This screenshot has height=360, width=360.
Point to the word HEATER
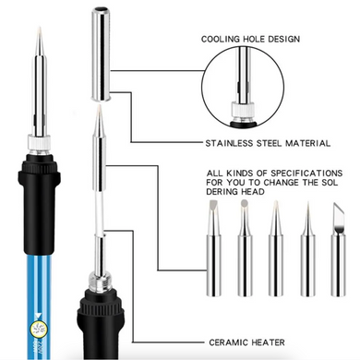coord(268,342)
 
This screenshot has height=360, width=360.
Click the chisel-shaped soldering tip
coord(213,248)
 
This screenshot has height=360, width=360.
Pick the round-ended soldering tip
coord(245,248)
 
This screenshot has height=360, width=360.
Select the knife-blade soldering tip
coord(338,249)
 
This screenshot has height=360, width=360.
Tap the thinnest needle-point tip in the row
coord(307,248)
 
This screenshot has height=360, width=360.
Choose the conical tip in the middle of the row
coord(276,248)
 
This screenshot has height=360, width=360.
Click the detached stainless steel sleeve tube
coord(101,54)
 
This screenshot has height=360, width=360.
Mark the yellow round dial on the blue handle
coord(39,329)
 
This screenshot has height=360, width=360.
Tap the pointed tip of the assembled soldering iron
coord(39,28)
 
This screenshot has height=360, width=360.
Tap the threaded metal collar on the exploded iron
coord(100,281)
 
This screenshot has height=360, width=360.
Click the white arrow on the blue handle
coord(39,315)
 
